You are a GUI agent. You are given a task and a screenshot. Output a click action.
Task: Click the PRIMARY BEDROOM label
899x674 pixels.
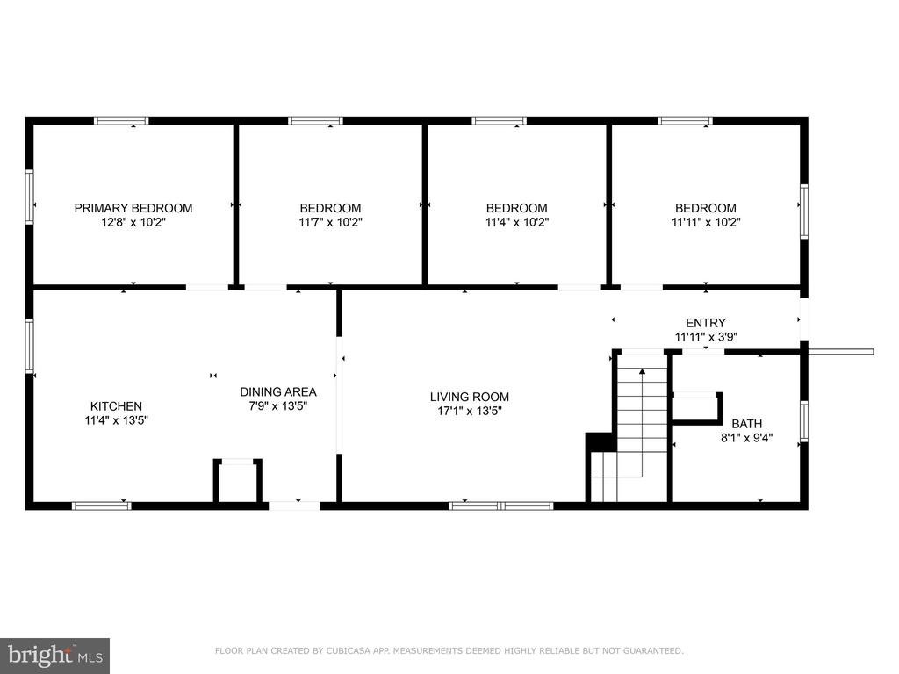click(133, 208)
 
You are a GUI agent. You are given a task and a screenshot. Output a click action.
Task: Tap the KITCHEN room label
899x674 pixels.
click(117, 406)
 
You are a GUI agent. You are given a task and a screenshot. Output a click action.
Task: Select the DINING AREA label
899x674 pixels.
click(278, 392)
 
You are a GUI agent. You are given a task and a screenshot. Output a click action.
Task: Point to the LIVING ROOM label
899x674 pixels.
click(470, 397)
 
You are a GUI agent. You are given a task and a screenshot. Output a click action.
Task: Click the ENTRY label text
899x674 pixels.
click(706, 323)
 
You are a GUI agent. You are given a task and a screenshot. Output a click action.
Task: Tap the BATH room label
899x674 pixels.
click(746, 424)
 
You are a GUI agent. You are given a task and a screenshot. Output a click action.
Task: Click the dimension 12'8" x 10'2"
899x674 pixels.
click(133, 222)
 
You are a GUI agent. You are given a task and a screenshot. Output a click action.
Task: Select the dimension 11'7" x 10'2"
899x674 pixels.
click(330, 222)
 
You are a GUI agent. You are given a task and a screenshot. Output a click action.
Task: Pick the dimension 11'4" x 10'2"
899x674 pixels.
click(516, 222)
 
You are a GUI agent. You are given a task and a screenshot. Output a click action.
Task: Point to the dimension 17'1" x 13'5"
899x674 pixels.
click(470, 411)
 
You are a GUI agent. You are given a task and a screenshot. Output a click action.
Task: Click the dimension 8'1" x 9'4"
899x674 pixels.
click(746, 439)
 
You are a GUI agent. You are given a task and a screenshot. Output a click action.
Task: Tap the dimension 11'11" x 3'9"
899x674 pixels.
click(706, 337)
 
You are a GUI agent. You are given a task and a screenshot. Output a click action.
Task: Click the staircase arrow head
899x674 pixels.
click(642, 372)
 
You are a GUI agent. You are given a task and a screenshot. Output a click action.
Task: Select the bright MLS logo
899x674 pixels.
click(55, 655)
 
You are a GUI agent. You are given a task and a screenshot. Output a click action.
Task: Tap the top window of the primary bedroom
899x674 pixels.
click(121, 120)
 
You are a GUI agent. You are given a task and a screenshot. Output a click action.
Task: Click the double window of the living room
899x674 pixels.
click(500, 505)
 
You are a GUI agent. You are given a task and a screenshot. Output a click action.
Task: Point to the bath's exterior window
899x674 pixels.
click(804, 421)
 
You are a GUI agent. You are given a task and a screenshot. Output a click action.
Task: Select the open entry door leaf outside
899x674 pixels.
click(841, 351)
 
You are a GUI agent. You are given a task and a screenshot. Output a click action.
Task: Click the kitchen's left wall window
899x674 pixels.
click(29, 346)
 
